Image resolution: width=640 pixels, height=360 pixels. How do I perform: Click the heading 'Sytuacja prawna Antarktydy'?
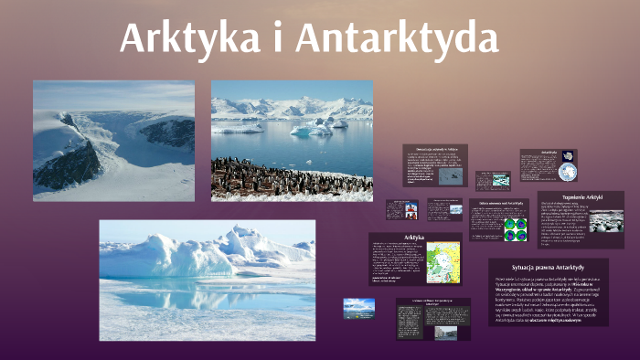(x=548, y=266)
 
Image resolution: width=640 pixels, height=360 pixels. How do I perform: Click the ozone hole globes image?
(x=515, y=228)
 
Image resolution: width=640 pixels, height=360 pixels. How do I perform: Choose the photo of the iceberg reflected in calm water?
(x=207, y=269)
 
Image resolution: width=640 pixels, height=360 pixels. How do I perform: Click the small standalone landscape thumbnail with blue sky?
(x=358, y=309)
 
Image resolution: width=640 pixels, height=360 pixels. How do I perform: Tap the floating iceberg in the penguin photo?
(x=312, y=129)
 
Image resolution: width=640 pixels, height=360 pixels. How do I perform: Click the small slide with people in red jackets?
(x=401, y=209)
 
